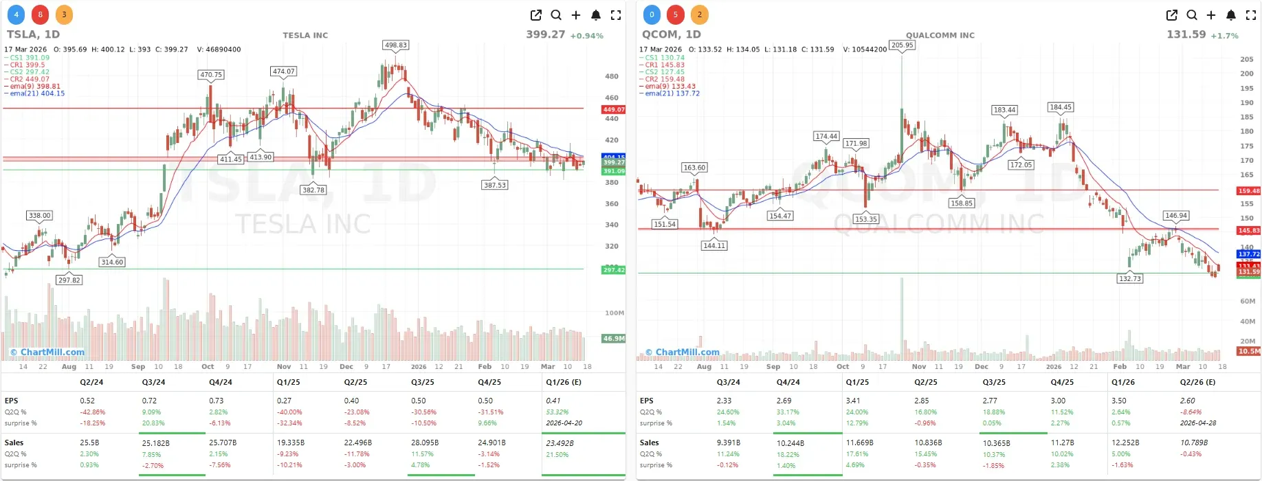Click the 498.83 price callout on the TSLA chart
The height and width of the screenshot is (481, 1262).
(x=396, y=45)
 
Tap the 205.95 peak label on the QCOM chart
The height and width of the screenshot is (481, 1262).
(x=902, y=45)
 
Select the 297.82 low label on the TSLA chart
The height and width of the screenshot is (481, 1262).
(x=69, y=280)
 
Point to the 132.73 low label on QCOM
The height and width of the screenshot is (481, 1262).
(x=1130, y=279)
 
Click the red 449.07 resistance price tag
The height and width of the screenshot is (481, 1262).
(x=613, y=109)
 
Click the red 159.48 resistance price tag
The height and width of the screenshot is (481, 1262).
(x=1248, y=191)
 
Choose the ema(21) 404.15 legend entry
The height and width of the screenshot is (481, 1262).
(x=37, y=93)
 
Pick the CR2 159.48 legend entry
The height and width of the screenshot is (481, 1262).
(x=665, y=79)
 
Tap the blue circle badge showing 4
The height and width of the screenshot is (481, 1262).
(x=16, y=14)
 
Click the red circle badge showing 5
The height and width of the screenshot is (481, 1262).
(x=676, y=14)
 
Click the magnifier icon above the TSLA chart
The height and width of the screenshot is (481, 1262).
(x=556, y=15)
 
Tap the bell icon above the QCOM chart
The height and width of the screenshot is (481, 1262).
(x=1231, y=15)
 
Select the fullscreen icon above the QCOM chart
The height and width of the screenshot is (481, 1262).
(x=1251, y=15)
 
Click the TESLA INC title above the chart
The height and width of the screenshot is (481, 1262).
(x=305, y=35)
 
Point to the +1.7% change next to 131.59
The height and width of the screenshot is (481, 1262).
(x=1224, y=36)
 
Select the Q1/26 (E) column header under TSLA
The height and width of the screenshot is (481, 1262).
(x=564, y=382)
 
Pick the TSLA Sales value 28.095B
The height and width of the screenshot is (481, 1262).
(x=423, y=443)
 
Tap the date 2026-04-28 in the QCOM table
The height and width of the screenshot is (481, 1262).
(x=1198, y=423)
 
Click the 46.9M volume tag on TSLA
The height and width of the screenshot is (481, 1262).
(x=613, y=339)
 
